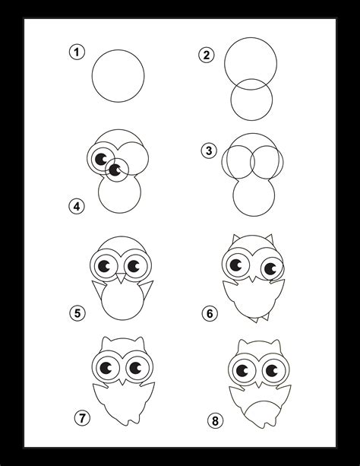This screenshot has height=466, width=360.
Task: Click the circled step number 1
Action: tap(75, 52)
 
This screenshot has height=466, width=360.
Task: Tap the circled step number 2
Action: tap(205, 54)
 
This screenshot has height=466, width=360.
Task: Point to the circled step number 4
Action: tap(75, 205)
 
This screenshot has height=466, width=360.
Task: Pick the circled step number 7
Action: tap(81, 417)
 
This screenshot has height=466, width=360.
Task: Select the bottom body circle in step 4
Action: tap(119, 196)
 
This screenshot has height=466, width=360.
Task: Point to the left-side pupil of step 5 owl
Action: tap(105, 265)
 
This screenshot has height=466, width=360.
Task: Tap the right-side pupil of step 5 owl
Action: tap(134, 265)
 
